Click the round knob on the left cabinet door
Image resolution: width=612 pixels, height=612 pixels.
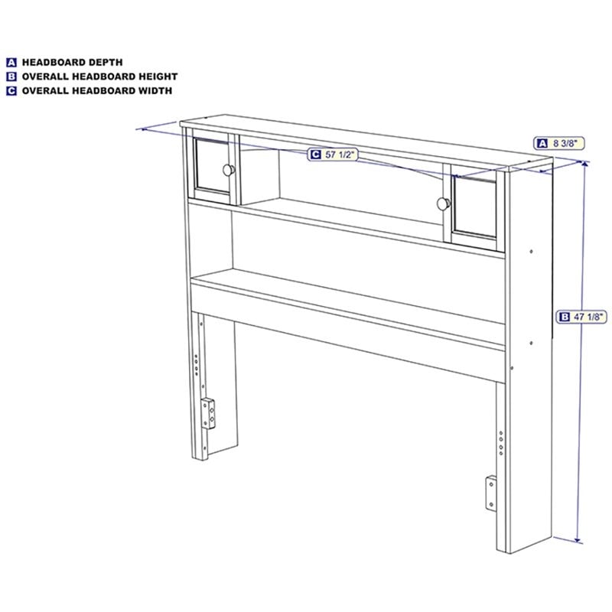(x=229, y=170)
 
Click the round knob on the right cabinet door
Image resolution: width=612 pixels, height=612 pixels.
(x=444, y=203)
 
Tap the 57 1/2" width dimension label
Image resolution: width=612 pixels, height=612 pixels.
(x=333, y=155)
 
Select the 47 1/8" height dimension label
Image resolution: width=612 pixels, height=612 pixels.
(x=581, y=317)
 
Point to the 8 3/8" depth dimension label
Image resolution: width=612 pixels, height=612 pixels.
(x=559, y=143)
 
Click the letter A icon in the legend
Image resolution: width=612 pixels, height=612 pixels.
(x=11, y=63)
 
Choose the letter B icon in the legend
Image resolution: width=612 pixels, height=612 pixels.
(x=11, y=76)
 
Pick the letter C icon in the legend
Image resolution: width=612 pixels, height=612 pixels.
(x=11, y=90)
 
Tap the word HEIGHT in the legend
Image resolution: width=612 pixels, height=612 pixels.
(x=158, y=76)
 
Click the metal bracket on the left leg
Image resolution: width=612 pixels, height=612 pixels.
(x=208, y=414)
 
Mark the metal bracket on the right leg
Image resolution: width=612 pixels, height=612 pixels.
(x=491, y=493)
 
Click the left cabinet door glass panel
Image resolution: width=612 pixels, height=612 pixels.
(x=213, y=164)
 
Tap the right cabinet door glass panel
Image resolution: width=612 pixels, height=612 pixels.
(x=475, y=207)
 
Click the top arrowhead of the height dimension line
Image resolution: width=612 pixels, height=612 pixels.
(x=584, y=165)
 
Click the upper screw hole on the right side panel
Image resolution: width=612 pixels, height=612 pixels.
(x=531, y=252)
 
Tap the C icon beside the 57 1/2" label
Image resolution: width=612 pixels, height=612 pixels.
(x=315, y=155)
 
